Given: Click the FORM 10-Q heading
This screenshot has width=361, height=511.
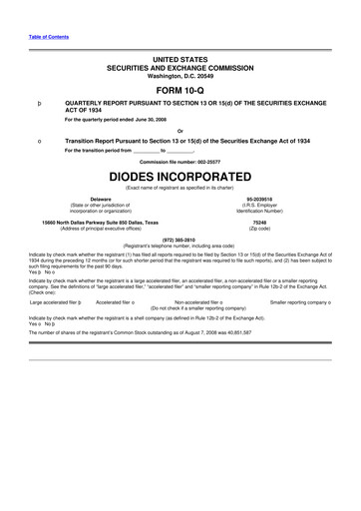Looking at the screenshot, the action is coord(180,89).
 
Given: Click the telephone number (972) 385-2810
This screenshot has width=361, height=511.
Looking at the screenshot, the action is coord(180,241).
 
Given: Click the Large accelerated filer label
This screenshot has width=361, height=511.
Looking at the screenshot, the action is coord(59,300).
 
